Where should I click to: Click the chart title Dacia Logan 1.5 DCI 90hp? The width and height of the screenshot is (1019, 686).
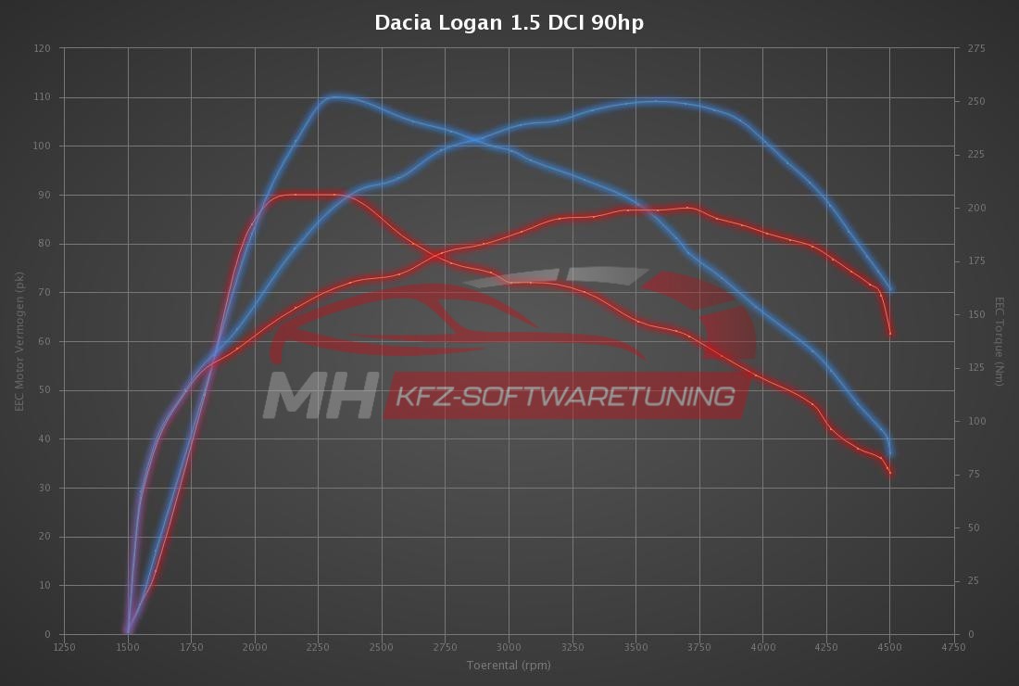point(509,22)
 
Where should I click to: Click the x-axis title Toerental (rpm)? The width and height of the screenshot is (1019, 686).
point(509,665)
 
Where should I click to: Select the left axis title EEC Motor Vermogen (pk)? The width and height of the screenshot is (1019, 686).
point(19,341)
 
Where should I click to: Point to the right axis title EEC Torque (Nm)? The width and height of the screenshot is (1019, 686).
point(999,341)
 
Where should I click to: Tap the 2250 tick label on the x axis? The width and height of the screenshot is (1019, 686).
point(318,647)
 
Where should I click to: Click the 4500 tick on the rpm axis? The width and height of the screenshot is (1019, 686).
point(889,647)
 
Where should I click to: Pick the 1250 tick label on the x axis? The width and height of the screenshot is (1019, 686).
point(65,647)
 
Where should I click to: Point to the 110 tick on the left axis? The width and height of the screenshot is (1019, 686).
point(43,97)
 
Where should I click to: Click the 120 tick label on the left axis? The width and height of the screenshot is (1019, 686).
point(43,48)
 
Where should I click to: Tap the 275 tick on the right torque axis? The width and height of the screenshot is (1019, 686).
point(976,48)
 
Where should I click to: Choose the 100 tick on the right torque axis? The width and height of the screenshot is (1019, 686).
point(976,421)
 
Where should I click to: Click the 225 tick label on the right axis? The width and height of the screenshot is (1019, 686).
point(976,155)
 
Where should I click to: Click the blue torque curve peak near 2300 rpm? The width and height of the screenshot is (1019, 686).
point(335,95)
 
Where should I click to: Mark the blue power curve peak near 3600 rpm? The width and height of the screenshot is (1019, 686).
point(656,101)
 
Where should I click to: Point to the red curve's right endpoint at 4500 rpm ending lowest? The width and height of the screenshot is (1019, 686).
point(890,474)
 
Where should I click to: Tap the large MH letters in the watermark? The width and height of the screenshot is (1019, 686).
point(321,396)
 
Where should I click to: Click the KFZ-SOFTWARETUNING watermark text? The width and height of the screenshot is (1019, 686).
point(565,397)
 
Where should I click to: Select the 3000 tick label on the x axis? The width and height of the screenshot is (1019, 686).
point(509,647)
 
